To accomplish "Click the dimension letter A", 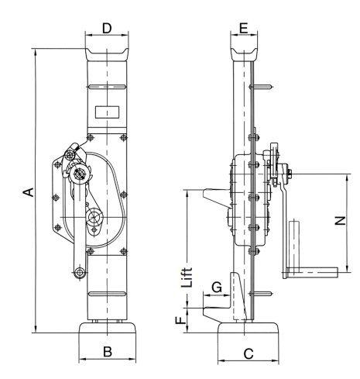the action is coord(29,192).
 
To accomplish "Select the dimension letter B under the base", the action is coord(108,352).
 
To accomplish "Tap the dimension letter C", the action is coord(249,353).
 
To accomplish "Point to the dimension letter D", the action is coord(107,28).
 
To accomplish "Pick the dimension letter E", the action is coord(244,28).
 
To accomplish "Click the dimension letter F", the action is coord(181,320).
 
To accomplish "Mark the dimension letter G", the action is coord(217,287).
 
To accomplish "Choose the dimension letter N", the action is coord(340,221).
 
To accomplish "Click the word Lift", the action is coord(187,277).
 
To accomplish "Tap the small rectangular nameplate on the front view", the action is coord(107,112).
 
